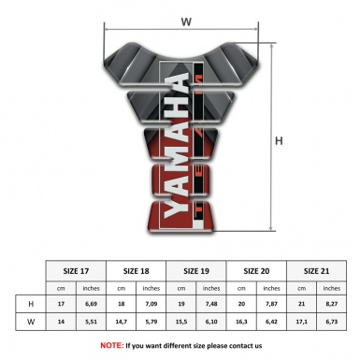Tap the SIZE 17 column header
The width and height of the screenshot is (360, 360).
tap(76, 270)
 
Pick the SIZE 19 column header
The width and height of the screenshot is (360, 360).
tap(196, 270)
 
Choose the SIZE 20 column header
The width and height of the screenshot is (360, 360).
tap(256, 270)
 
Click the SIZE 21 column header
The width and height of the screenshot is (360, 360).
tap(316, 270)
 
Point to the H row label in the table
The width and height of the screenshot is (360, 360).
tap(32, 305)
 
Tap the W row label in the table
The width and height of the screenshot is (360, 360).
tap(32, 323)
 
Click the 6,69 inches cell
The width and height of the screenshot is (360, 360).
tap(92, 305)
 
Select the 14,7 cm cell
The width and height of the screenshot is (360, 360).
tap(121, 323)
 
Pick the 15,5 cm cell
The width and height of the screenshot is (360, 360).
tap(181, 323)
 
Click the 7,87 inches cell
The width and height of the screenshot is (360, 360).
tap(271, 305)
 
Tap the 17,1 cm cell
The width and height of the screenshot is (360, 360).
tap(301, 323)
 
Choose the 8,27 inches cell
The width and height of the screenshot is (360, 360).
tap(331, 305)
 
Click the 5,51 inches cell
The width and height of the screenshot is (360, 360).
tap(92, 323)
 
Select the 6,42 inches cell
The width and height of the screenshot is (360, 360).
tap(271, 323)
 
